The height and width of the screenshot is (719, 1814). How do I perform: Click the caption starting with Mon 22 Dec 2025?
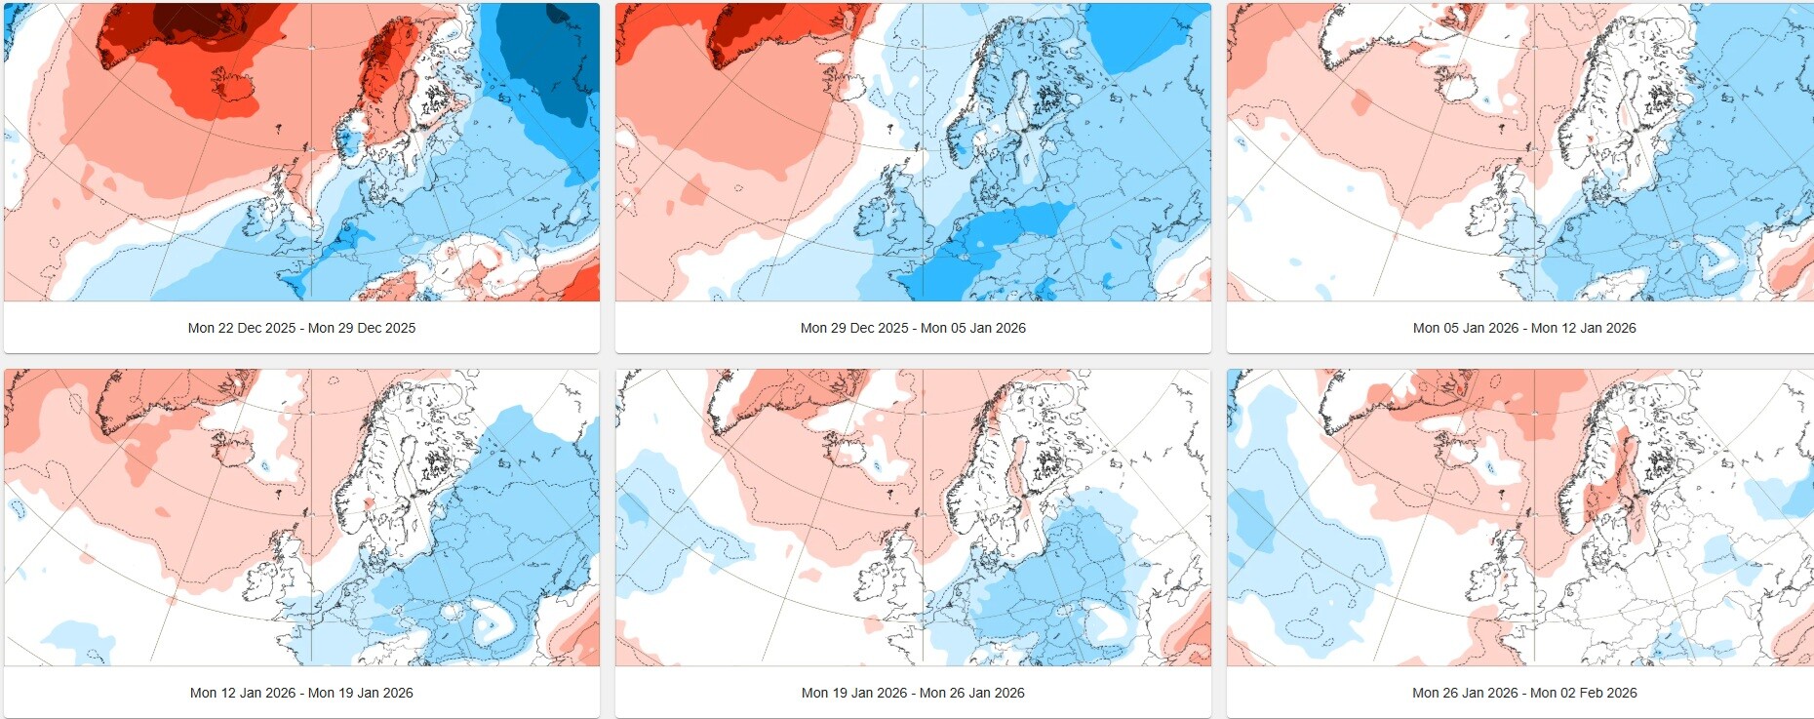click(x=301, y=328)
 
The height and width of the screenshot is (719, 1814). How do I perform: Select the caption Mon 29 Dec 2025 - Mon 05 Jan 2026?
click(x=913, y=328)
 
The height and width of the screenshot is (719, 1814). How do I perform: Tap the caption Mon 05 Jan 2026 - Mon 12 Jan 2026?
click(x=1524, y=328)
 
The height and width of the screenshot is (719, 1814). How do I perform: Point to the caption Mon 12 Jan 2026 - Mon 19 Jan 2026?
click(x=301, y=693)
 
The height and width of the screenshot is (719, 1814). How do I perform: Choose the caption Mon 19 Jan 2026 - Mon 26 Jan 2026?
click(x=913, y=693)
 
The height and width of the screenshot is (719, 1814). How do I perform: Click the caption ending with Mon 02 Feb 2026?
click(x=1524, y=693)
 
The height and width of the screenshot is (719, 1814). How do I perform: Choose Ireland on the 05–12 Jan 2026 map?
click(x=1480, y=220)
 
